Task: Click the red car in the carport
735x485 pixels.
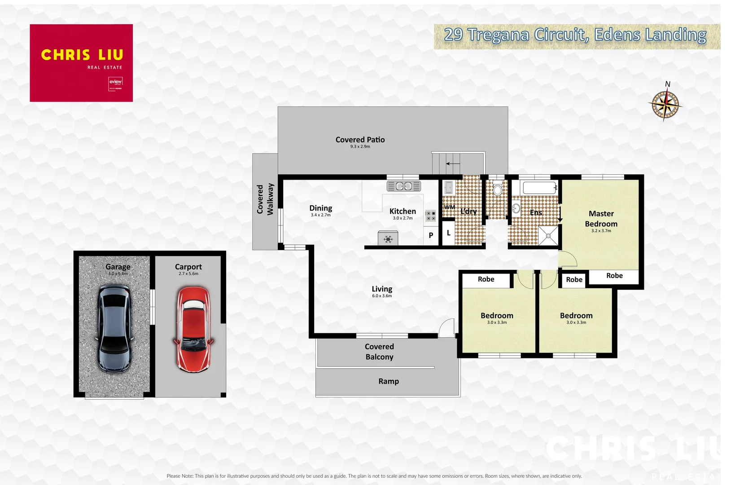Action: [193, 329]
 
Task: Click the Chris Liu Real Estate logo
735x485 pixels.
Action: [81, 63]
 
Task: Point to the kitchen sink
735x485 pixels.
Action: [404, 186]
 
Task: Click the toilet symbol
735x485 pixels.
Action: [497, 188]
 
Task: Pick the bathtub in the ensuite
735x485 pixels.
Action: [539, 187]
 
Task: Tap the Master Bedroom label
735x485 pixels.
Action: [601, 219]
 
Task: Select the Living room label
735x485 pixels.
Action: [382, 289]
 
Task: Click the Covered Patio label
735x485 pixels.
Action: [360, 140]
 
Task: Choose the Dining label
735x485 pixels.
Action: [320, 208]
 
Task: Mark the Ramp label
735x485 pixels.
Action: [389, 381]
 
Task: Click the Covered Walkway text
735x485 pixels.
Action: [265, 199]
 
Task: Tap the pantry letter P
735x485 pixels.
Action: [431, 235]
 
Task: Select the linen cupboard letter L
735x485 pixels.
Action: [448, 233]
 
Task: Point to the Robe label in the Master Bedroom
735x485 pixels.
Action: [614, 276]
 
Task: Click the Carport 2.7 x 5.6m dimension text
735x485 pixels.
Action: [188, 273]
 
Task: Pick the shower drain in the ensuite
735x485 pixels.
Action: [548, 236]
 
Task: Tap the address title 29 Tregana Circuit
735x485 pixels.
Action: [575, 35]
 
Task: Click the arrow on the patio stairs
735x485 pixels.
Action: [453, 163]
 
